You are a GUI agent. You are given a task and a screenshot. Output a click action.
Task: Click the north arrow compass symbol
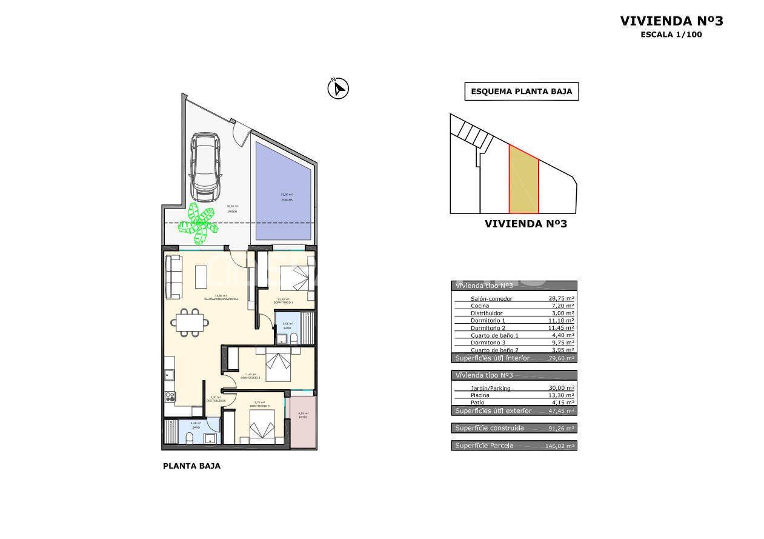point(337,89)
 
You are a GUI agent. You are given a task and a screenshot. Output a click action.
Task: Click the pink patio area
point(303,422)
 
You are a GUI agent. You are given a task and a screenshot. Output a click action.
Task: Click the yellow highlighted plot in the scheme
point(523,181)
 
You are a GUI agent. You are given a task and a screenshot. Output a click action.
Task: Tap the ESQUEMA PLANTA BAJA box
point(521,92)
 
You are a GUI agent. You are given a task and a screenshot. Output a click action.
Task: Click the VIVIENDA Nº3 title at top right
point(671,21)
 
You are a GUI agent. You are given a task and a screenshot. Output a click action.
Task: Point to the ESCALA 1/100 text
point(671,35)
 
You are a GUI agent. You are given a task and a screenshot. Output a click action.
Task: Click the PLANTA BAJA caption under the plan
point(191,466)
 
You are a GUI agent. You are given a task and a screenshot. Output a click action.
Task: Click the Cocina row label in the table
point(480,306)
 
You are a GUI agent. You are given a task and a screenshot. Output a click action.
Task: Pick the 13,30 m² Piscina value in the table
point(560,395)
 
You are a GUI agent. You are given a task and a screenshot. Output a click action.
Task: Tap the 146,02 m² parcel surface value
point(560,446)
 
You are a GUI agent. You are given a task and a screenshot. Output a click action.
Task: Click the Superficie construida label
point(488,428)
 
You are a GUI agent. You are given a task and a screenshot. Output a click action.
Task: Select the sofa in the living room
point(173,277)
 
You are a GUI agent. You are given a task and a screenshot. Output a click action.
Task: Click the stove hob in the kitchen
point(170,398)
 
